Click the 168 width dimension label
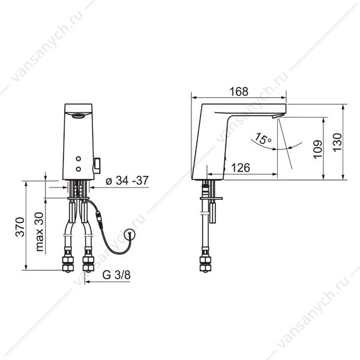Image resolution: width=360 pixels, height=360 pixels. click(239, 92)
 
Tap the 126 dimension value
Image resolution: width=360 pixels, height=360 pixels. click(241, 168)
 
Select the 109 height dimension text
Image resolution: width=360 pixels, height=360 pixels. click(318, 149)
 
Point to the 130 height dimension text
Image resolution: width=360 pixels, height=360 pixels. click(337, 142)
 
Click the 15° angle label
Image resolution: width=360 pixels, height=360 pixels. click(263, 139)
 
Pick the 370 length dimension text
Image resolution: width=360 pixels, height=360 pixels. click(20, 227)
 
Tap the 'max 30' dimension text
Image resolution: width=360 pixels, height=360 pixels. click(39, 232)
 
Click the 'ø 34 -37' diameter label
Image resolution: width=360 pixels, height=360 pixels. click(127, 181)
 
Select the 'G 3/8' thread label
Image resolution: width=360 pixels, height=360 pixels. click(116, 275)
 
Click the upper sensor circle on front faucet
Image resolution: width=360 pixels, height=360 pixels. click(78, 158)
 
